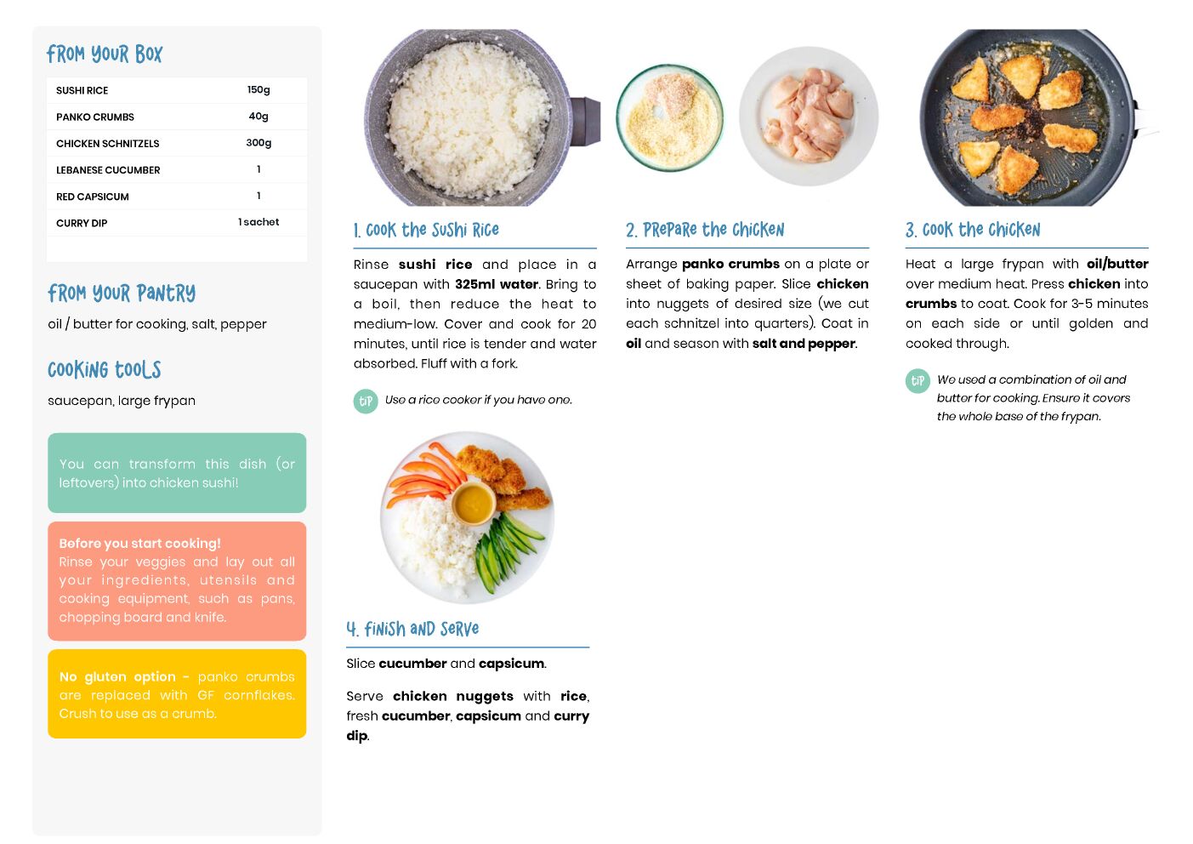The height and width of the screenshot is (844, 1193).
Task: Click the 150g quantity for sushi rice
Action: [258, 89]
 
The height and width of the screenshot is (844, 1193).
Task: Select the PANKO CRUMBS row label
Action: [95, 117]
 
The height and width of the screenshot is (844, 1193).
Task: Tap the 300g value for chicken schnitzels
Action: [258, 143]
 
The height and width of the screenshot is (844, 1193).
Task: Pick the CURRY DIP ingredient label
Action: [82, 223]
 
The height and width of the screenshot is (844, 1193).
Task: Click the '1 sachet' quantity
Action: [258, 222]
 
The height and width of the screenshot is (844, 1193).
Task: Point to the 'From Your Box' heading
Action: [105, 54]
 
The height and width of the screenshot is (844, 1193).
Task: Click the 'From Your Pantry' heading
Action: [122, 293]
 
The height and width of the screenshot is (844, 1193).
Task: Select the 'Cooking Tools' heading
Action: [105, 370]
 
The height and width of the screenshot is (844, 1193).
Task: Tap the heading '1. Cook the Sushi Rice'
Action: [426, 230]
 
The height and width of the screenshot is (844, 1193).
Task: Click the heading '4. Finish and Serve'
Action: [412, 629]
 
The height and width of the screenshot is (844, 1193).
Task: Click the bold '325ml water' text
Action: [497, 284]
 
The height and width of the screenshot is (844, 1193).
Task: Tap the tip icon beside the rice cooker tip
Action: [366, 401]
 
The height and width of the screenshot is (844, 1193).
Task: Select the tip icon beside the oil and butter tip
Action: [917, 381]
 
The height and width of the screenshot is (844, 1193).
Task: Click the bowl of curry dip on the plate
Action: [474, 503]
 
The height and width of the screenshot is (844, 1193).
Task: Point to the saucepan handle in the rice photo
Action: [585, 121]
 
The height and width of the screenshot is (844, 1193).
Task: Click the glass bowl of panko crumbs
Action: [670, 117]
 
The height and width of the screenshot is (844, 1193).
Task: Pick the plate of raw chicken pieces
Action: [809, 117]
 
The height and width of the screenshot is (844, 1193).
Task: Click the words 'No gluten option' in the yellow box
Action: [117, 676]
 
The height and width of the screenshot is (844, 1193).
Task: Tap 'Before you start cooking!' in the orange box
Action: [139, 544]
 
